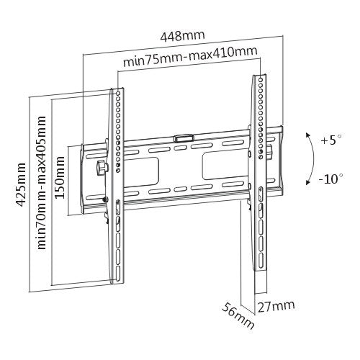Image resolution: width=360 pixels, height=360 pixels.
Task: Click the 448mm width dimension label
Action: [x=182, y=36]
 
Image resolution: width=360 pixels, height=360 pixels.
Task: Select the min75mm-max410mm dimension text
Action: [x=190, y=57]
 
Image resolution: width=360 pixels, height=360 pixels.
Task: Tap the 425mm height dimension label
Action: [x=21, y=184]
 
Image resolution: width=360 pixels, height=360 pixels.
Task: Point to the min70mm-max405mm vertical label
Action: [x=42, y=183]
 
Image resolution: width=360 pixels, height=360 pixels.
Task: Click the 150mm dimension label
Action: [x=60, y=177]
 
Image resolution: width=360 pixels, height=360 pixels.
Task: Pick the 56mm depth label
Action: [x=238, y=316]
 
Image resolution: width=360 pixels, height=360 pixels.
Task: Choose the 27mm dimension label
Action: [x=276, y=306]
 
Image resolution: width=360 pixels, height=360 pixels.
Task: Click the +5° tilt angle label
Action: [x=331, y=140]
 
